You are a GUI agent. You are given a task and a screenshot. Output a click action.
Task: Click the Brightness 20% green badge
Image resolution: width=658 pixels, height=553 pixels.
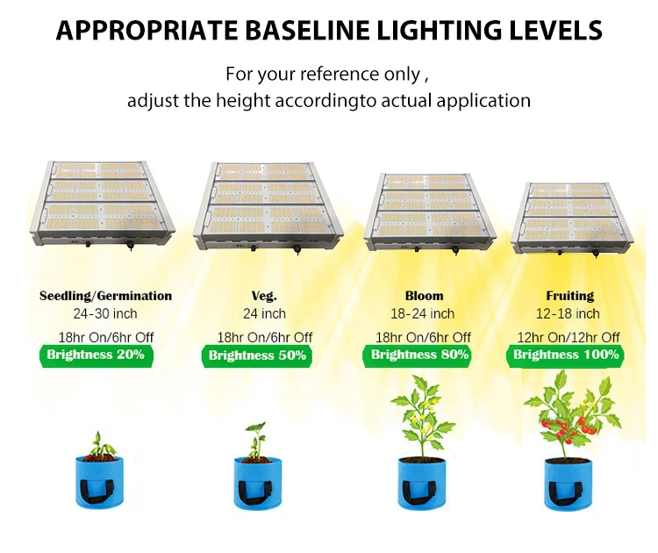96,355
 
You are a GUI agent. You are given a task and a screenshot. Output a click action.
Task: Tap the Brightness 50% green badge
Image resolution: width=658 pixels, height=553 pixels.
257,355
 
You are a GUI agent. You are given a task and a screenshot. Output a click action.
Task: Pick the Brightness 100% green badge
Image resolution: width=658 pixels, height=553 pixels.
566,355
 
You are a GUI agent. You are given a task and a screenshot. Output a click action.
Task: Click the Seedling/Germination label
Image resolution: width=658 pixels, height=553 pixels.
105,296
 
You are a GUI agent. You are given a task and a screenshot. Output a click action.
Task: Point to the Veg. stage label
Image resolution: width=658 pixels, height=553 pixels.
264,296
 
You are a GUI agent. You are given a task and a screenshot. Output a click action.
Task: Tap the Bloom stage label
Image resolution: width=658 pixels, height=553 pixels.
424,296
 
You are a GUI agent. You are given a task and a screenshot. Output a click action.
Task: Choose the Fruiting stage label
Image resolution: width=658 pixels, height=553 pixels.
569,296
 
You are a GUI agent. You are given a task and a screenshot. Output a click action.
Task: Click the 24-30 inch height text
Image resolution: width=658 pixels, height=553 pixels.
105,313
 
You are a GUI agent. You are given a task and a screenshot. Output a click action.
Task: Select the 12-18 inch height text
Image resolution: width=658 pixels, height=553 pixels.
569,313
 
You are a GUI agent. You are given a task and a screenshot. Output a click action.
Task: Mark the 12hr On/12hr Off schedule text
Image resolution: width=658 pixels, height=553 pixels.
569,337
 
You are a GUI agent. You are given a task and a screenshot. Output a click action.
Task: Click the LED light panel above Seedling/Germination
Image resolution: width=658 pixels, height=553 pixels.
102,206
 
